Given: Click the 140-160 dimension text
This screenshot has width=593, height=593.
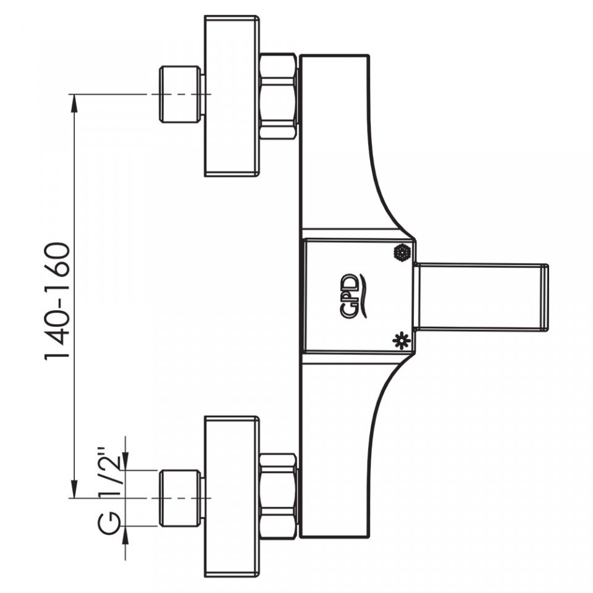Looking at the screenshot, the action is [57, 301].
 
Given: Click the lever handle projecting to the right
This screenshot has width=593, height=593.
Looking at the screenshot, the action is [481, 297].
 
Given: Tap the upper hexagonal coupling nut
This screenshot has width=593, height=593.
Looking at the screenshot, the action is [278, 97].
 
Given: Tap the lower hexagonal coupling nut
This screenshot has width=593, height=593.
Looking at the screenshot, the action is [278, 497].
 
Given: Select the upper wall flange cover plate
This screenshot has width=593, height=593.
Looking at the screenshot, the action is [232, 96].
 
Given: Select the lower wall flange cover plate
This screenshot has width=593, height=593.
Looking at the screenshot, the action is [232, 497].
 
